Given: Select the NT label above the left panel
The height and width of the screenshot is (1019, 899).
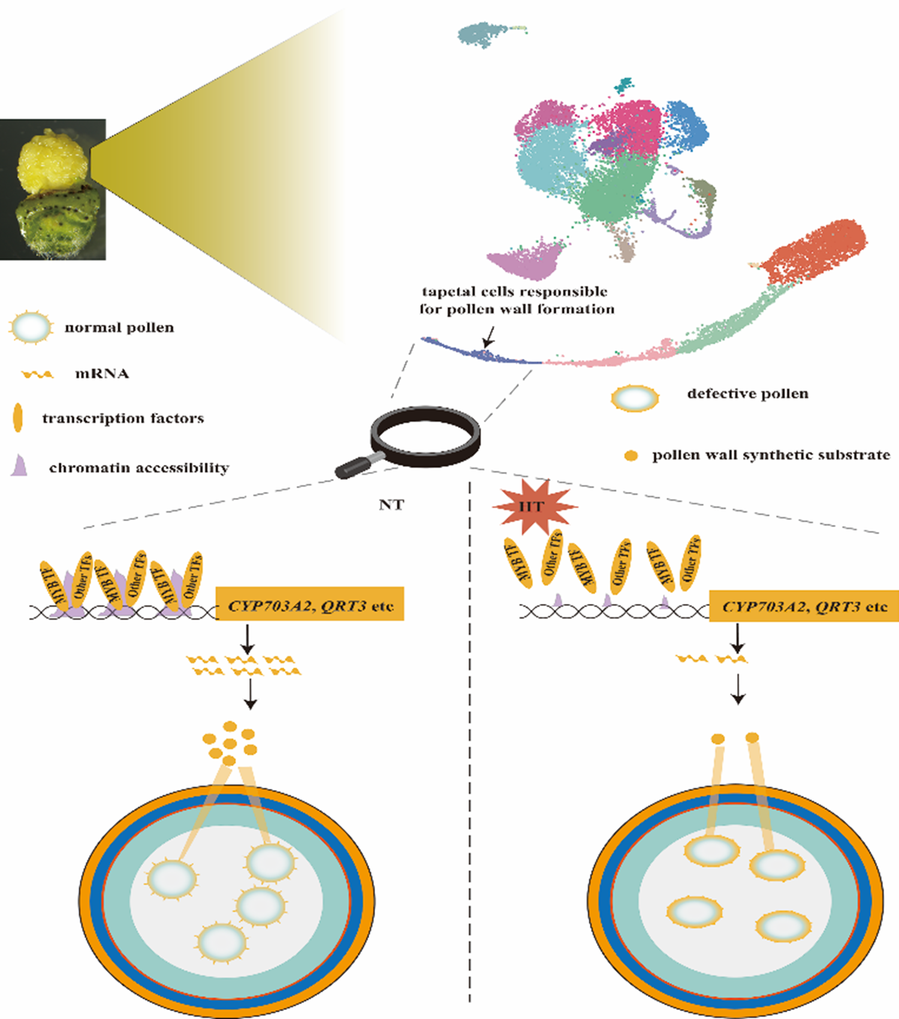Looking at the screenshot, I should click(391, 505).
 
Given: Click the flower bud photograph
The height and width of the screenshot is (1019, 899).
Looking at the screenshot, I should click(53, 189).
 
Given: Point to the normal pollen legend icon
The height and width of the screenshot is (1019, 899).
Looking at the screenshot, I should click(31, 328).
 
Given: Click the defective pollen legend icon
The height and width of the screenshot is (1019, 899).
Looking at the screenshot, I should click(635, 398).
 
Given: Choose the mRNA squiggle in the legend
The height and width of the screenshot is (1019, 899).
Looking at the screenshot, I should click(37, 374).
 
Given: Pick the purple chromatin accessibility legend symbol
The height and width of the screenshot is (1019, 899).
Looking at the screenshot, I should click(20, 465).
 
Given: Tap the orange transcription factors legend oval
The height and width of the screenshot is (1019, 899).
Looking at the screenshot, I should click(18, 418).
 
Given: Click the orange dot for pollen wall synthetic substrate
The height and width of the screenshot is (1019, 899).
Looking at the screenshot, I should click(630, 456).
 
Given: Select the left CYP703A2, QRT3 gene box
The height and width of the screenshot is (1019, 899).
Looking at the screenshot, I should click(310, 604).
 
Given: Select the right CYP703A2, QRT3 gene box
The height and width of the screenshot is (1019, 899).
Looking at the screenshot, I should click(804, 606).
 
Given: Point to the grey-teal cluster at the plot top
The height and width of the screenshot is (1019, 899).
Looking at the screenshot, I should click(480, 35).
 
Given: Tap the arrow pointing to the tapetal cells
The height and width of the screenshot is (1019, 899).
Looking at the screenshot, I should click(489, 337).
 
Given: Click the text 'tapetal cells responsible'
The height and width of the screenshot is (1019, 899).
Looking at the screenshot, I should click(515, 292).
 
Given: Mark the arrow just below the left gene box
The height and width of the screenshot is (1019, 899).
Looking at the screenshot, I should click(247, 640).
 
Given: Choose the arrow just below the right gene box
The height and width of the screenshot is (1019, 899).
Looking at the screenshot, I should click(738, 639).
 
